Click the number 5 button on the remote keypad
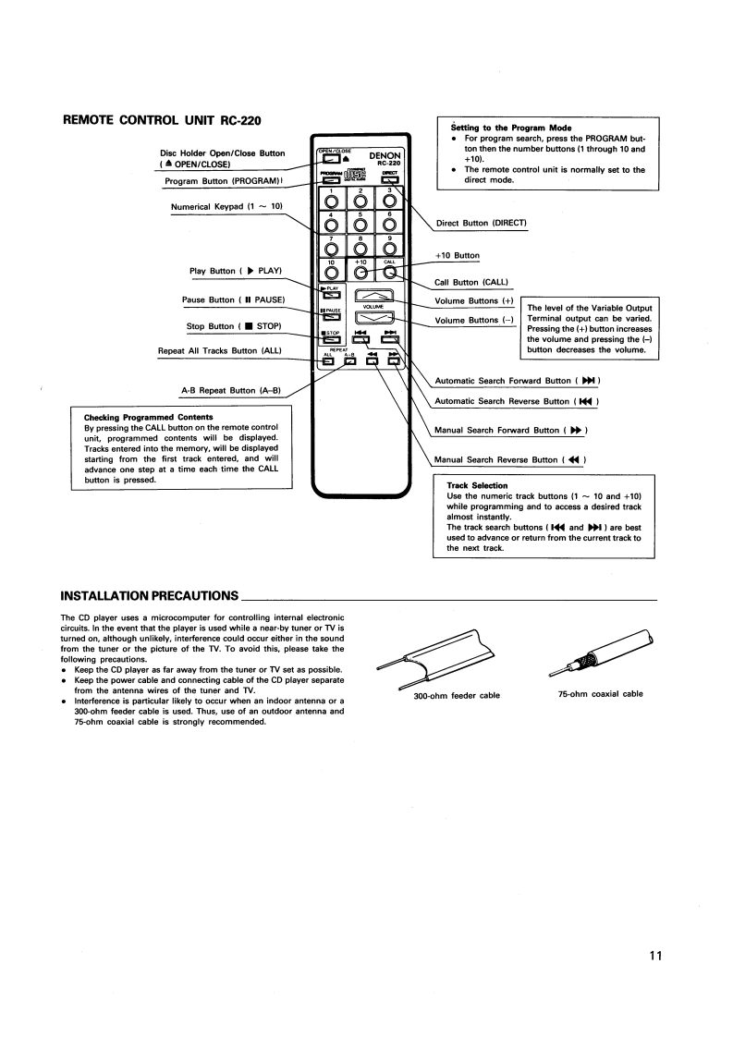tap(360, 224)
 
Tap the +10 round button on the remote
tap(360, 272)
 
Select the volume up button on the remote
tap(374, 296)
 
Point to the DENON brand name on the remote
tap(385, 156)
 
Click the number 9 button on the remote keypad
tap(390, 248)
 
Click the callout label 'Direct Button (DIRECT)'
tap(482, 224)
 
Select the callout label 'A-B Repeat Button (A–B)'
tap(231, 391)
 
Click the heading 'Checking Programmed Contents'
tap(148, 418)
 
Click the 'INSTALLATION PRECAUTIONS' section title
tap(150, 596)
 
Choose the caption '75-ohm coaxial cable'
tap(601, 694)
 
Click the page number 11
tap(655, 956)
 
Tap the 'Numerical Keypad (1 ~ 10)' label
tap(226, 207)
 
